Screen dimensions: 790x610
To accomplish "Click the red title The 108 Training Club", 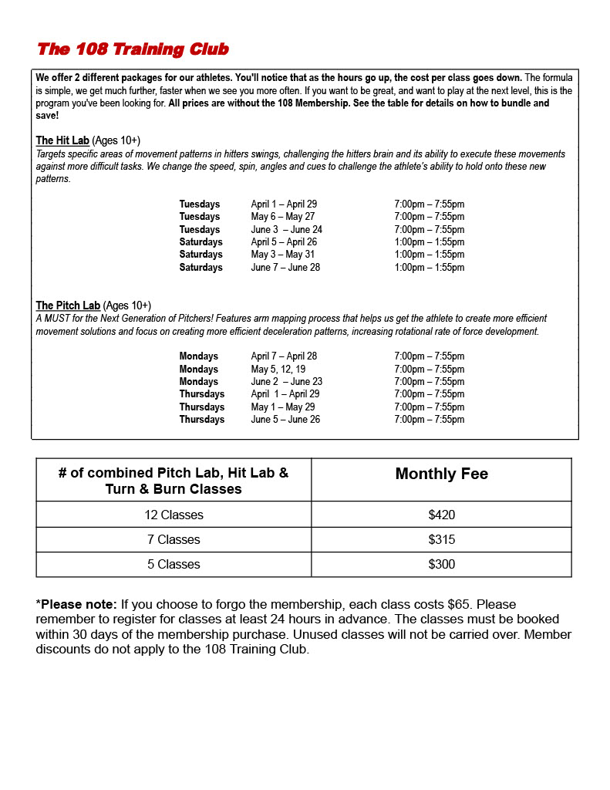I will click(133, 49).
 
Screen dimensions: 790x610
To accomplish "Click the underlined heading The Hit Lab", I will click(62, 140).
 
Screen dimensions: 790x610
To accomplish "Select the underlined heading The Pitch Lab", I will click(68, 306).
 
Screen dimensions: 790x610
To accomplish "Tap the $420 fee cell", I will click(441, 515).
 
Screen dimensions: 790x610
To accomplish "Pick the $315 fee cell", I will click(441, 539).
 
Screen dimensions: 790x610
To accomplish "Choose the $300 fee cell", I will click(441, 564).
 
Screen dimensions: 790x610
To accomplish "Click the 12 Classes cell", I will click(174, 515).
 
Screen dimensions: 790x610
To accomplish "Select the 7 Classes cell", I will click(174, 539).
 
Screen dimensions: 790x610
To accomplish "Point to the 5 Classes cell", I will click(174, 564).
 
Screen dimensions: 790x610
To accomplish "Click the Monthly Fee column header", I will click(441, 474).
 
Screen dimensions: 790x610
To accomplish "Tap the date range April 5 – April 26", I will click(284, 242).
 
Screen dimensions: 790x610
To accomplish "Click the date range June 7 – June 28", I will click(285, 268).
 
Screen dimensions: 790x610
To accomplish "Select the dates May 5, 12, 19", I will click(278, 370).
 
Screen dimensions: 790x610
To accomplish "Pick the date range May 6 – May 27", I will click(282, 217).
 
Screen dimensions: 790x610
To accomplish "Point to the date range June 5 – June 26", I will click(285, 420).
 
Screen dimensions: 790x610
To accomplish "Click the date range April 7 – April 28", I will click(284, 356).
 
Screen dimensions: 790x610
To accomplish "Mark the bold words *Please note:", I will click(76, 604).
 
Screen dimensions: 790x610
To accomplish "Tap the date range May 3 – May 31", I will click(282, 255).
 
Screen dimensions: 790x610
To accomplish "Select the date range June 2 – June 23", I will click(286, 382).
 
